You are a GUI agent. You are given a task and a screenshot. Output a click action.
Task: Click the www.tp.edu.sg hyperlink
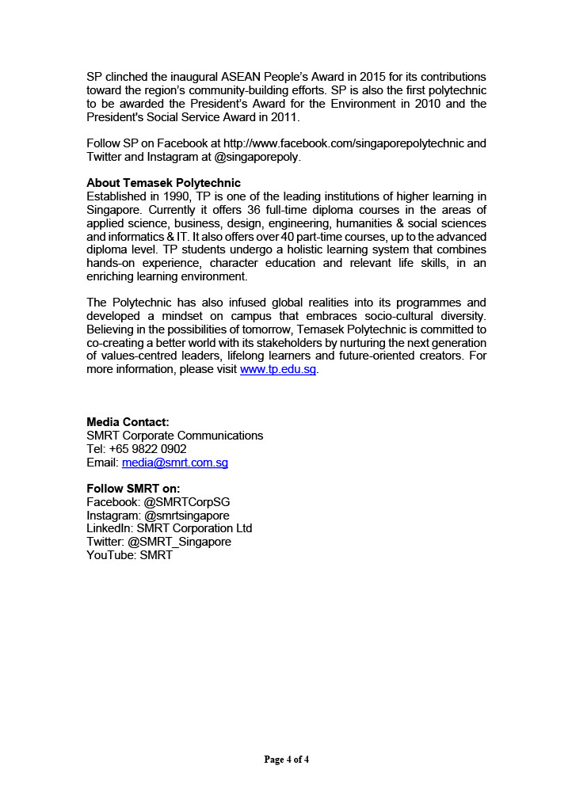click(x=278, y=370)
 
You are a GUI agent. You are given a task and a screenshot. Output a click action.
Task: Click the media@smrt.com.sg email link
click(x=174, y=463)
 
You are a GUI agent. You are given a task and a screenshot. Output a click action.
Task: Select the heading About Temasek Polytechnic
click(x=163, y=183)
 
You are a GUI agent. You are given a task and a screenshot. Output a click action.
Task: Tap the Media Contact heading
click(x=128, y=422)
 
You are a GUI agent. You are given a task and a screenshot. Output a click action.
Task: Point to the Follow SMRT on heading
click(x=133, y=489)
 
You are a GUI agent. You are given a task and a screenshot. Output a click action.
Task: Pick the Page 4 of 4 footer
click(x=286, y=760)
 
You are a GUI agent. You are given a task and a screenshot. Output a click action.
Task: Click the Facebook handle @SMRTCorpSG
click(x=187, y=502)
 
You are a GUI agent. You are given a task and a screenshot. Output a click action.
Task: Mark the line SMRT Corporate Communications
click(x=174, y=436)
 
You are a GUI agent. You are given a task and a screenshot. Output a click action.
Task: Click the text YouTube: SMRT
click(x=129, y=555)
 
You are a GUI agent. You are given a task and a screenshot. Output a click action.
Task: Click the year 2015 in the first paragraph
click(x=372, y=77)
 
